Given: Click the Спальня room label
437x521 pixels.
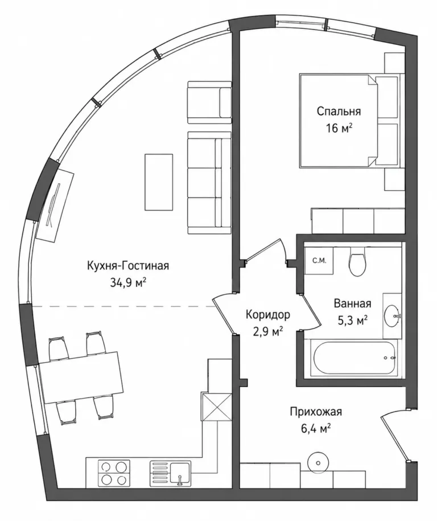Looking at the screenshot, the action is click(x=339, y=111).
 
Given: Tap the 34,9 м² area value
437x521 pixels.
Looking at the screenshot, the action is click(x=128, y=282).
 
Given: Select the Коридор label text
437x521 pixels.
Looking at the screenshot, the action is click(x=267, y=314).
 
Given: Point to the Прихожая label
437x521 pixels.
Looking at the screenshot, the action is click(x=316, y=412).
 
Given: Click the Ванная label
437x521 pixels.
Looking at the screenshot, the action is click(x=352, y=303).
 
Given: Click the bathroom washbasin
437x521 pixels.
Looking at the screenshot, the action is click(x=392, y=315).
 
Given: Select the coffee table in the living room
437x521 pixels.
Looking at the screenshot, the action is click(x=159, y=182).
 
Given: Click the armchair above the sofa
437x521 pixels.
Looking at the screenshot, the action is click(x=209, y=102).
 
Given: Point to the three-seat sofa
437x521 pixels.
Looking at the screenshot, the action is click(x=209, y=182).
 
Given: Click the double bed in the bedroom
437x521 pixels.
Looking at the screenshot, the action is click(x=349, y=120).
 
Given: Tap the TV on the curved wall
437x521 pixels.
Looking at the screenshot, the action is click(x=55, y=205).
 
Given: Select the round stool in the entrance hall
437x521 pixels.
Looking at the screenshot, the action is click(x=319, y=463).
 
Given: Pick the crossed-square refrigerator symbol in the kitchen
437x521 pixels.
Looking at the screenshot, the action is click(x=216, y=407).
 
